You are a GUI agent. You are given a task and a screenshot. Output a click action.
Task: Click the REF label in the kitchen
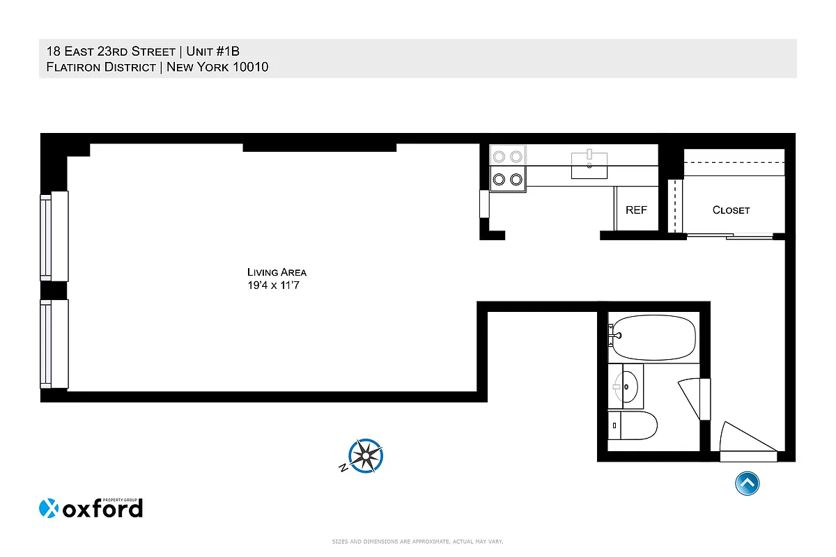click(x=636, y=210)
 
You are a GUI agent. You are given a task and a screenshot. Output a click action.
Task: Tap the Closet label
click(x=731, y=210)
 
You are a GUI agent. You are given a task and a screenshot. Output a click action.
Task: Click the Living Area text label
click(x=277, y=272)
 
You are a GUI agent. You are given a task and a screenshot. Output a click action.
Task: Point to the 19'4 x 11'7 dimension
click(x=277, y=285)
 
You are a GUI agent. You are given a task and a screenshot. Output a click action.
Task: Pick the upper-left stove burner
click(x=500, y=156)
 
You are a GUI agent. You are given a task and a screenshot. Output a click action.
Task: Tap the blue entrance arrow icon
click(x=747, y=483)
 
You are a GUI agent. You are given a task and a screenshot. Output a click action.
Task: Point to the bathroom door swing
click(x=694, y=398)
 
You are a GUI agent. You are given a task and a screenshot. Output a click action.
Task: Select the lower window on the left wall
click(x=54, y=343)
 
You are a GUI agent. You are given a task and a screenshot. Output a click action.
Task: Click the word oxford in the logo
click(x=102, y=509)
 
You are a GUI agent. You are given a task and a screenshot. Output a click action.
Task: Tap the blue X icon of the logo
click(x=48, y=509)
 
